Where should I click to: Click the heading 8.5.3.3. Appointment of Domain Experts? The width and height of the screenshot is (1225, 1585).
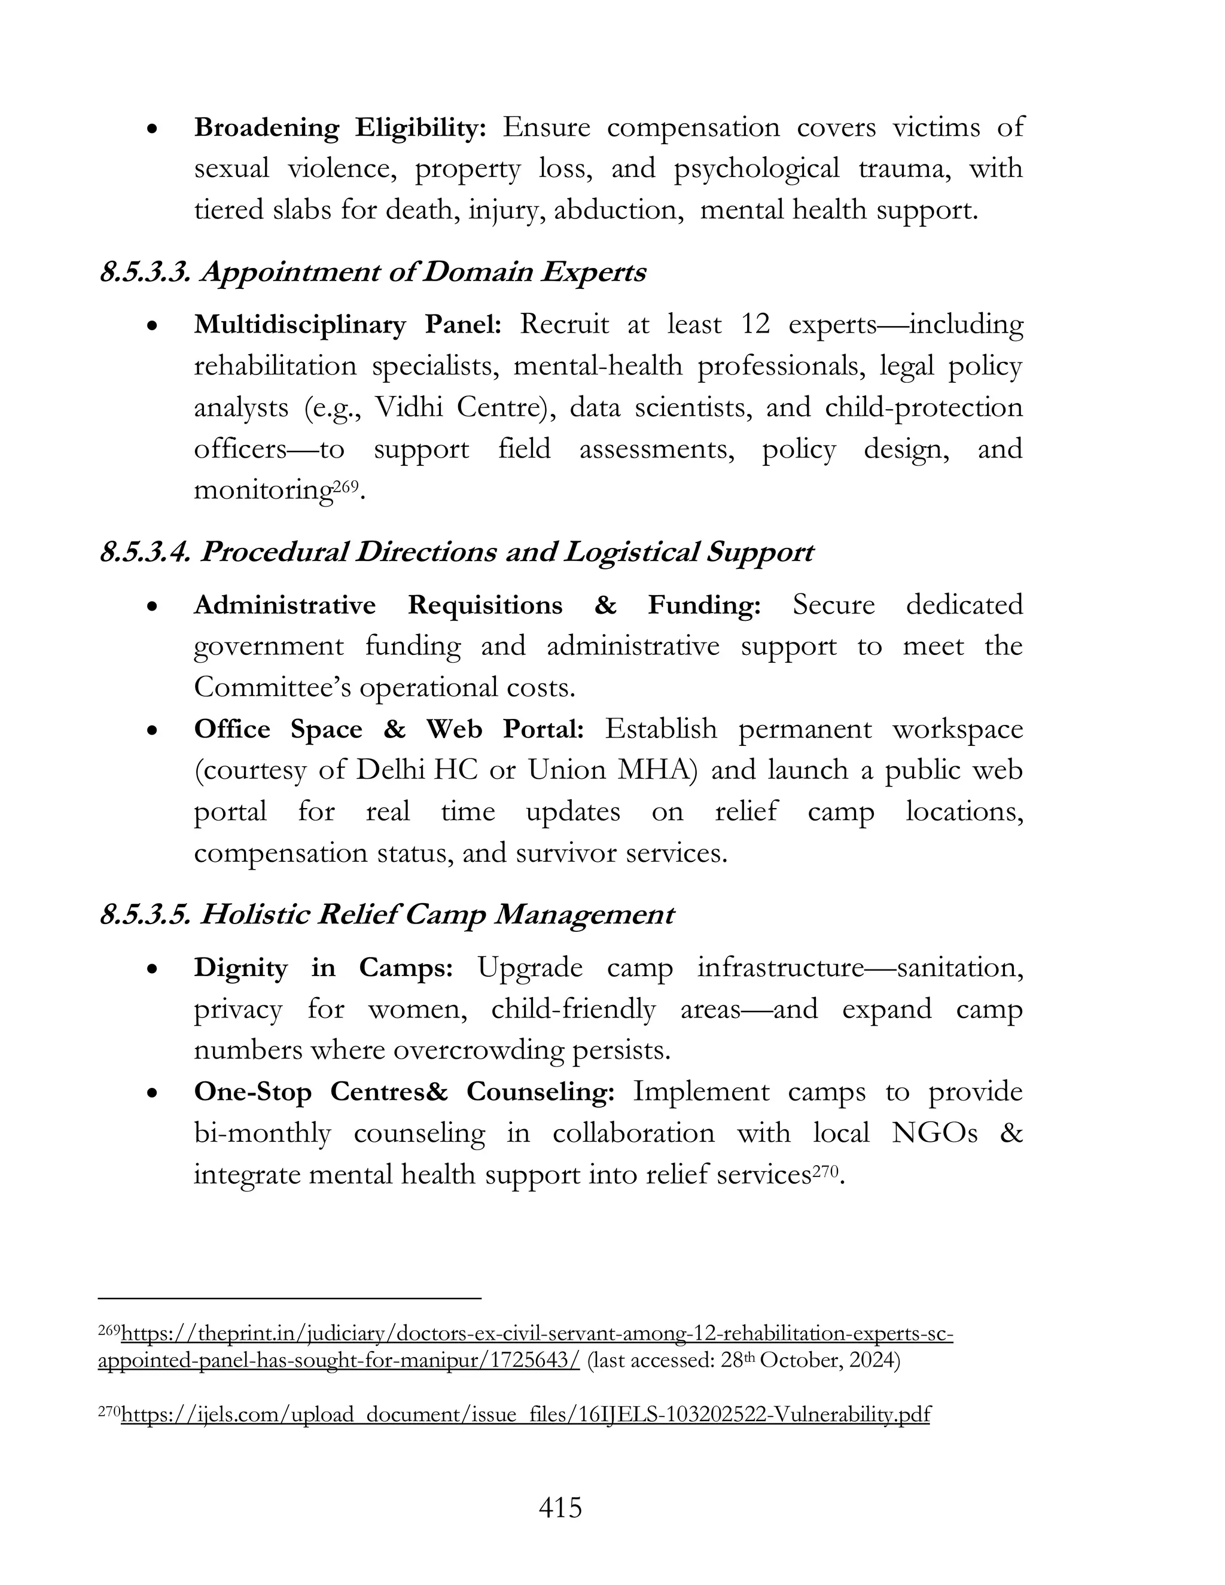tap(372, 272)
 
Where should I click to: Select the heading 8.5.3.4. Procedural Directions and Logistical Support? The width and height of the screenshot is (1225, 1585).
tap(456, 552)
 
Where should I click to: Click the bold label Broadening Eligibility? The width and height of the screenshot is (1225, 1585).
tap(340, 128)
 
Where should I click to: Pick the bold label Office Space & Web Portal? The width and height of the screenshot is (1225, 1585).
tap(389, 729)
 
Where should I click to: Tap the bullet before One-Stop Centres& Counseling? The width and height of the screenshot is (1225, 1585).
tap(152, 1092)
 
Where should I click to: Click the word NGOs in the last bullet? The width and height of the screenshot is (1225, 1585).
tap(934, 1133)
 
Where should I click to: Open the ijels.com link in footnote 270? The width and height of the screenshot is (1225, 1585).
tap(525, 1415)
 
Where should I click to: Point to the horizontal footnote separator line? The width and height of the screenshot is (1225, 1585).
tap(290, 1297)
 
